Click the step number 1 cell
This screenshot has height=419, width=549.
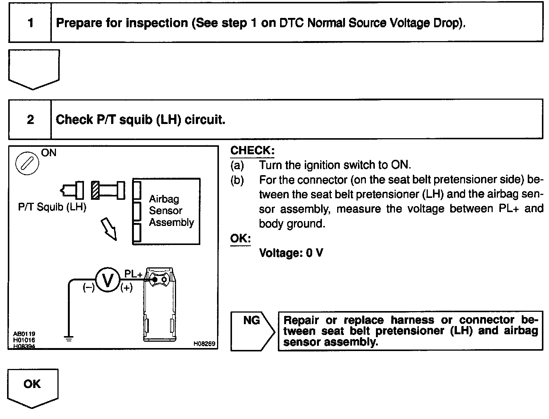(x=30, y=23)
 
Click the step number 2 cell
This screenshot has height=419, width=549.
(x=30, y=120)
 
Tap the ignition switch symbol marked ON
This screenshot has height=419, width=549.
(x=27, y=164)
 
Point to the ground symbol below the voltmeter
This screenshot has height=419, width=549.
(x=69, y=338)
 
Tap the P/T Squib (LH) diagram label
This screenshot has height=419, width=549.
(x=52, y=207)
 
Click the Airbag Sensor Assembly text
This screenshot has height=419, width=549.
(x=171, y=211)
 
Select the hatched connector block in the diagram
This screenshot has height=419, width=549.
(x=95, y=190)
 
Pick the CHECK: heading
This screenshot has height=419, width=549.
(x=252, y=150)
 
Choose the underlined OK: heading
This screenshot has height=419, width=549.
(x=241, y=239)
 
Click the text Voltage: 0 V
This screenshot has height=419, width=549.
(x=291, y=253)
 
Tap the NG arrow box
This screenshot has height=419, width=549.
(x=252, y=330)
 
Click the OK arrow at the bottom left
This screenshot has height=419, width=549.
(x=32, y=387)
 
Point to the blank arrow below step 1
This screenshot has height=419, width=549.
(x=34, y=69)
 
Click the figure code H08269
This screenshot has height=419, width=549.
(x=204, y=344)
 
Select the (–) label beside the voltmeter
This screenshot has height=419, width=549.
(x=89, y=288)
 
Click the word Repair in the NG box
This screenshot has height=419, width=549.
(x=301, y=320)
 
